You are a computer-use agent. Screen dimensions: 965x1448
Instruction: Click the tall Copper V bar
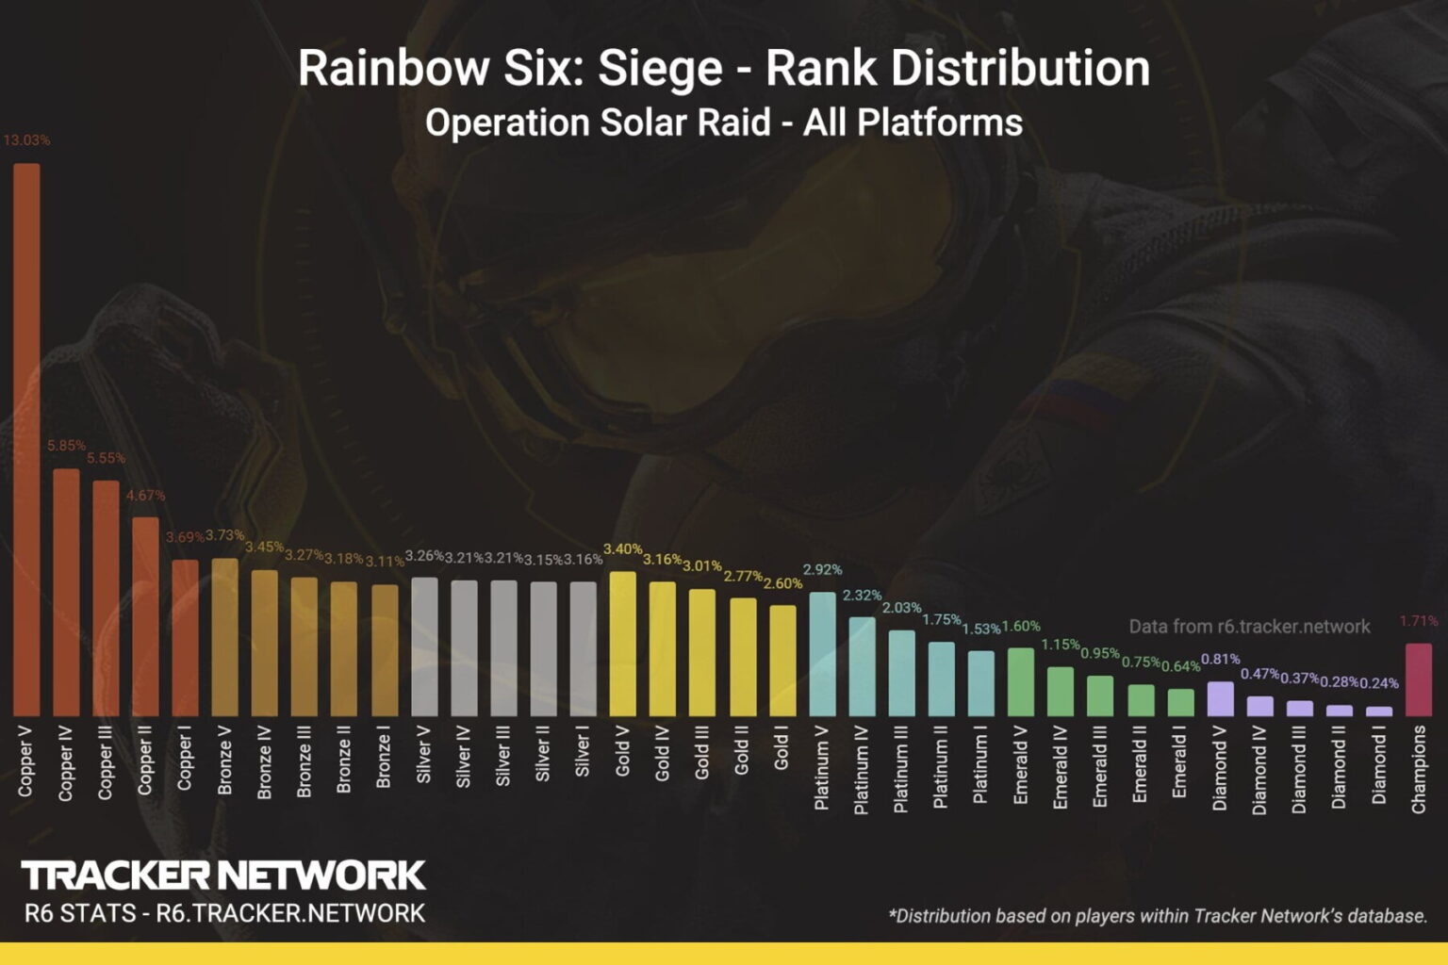tap(26, 439)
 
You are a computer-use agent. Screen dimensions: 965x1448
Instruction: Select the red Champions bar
tap(1419, 679)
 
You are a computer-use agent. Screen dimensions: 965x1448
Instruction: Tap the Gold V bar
tap(622, 644)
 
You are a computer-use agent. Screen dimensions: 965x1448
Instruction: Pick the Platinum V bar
tap(822, 654)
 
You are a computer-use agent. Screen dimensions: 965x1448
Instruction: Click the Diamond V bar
tap(1220, 699)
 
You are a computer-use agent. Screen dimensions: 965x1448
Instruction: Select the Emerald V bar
tap(1021, 681)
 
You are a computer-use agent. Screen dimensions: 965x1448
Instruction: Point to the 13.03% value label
tap(26, 139)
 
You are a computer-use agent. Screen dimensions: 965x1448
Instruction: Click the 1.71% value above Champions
tap(1419, 621)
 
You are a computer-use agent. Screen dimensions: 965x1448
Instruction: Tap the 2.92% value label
tap(822, 569)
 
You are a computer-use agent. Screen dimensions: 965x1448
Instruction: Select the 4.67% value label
tap(145, 495)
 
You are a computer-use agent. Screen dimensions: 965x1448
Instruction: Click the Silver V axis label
tap(424, 755)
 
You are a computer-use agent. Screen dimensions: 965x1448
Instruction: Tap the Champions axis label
tap(1419, 769)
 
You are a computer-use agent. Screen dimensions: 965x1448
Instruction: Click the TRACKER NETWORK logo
tap(223, 875)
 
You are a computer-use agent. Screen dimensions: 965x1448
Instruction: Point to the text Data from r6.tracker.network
tap(1249, 627)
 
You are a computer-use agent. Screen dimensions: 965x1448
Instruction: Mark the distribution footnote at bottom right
tap(1158, 915)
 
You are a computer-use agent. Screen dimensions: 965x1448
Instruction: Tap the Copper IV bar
tap(66, 592)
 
